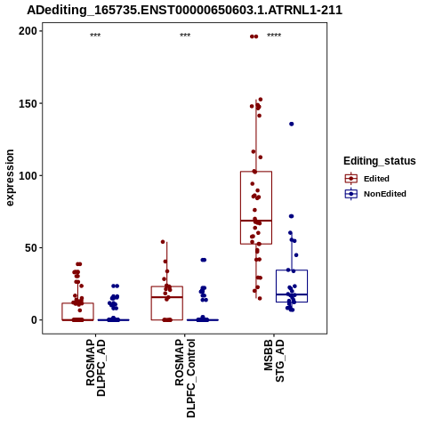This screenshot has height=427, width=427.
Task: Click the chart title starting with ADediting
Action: pos(184,10)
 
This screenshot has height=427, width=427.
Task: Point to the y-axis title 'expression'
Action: pos(10,178)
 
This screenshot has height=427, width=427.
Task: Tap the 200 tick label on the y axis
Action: pos(28,31)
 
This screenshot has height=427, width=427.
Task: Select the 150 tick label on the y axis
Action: pos(28,103)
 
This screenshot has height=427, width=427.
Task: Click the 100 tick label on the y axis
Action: pos(28,175)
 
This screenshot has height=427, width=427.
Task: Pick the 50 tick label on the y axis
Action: pos(31,248)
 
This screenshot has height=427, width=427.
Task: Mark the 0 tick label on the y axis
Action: pos(35,320)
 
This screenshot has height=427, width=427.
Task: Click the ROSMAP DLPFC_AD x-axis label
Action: pos(95,367)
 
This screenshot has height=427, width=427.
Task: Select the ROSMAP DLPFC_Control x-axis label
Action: pos(185,378)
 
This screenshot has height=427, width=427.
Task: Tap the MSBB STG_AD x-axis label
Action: pos(274,360)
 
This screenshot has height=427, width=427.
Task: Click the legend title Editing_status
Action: pos(380,161)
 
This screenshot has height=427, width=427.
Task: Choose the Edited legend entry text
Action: pos(376,179)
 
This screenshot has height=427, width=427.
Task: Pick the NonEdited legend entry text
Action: pos(385,194)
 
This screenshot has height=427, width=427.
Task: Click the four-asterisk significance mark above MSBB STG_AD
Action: pos(274,36)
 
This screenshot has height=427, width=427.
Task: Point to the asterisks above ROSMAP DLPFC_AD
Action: pos(95,36)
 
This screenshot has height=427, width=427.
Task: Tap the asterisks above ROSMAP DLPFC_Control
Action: pos(185,36)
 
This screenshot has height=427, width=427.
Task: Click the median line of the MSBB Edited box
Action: pos(256,221)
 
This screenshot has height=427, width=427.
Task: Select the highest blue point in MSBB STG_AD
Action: pos(292,124)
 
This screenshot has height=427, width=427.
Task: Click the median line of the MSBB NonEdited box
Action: pos(292,294)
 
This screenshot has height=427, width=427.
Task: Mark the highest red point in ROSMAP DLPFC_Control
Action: pos(163,242)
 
